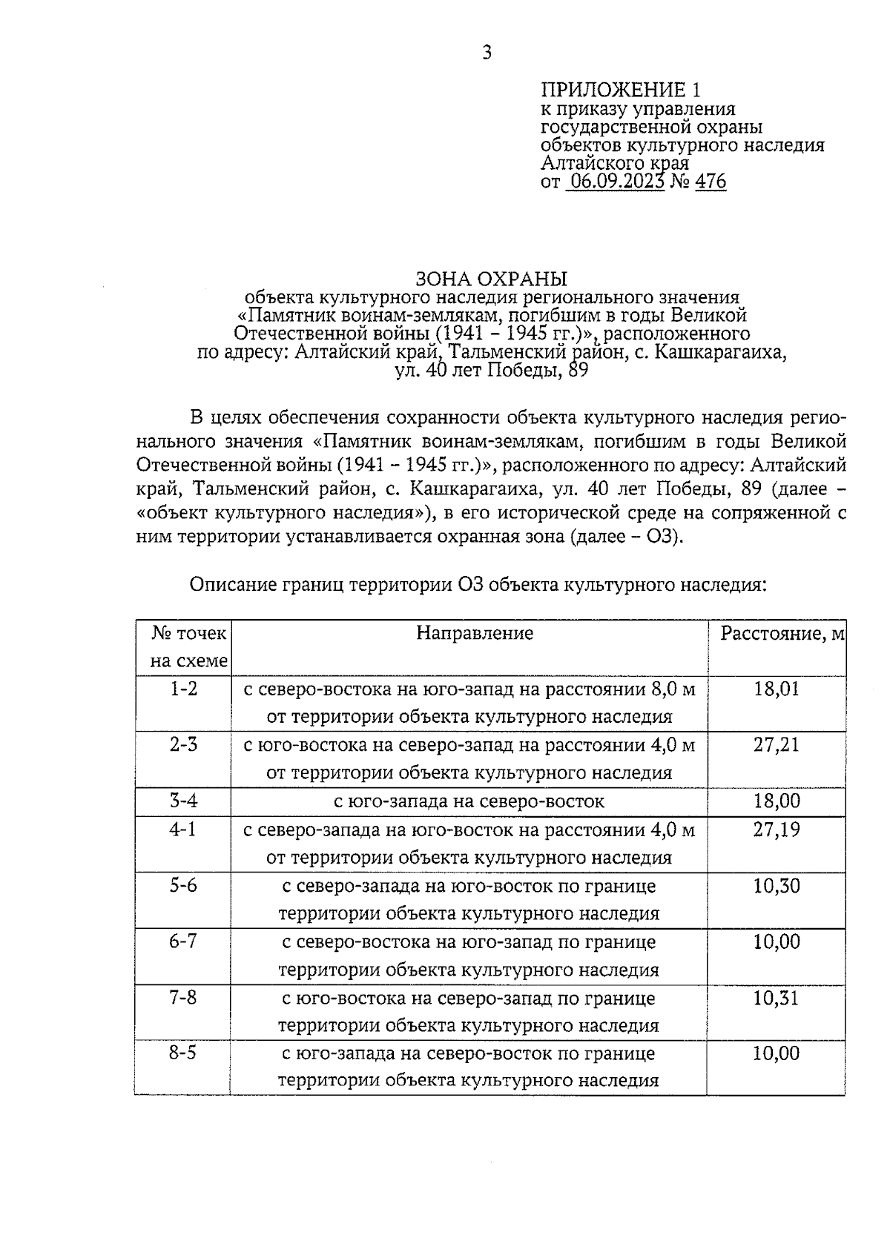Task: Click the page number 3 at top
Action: point(487,53)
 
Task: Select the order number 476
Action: point(711,182)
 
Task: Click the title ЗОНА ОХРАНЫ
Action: point(490,279)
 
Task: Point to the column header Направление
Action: point(475,633)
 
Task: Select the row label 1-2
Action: point(183,689)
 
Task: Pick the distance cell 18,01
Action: point(777,689)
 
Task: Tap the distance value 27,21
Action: point(777,745)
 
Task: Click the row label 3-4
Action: point(183,801)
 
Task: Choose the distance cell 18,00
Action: point(777,801)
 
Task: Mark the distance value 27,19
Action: point(777,830)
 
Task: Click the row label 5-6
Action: point(183,885)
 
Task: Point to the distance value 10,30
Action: point(777,886)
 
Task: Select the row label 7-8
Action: point(183,997)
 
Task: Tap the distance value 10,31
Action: point(777,998)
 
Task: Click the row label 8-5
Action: point(183,1053)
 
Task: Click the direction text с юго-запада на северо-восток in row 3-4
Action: point(469,801)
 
